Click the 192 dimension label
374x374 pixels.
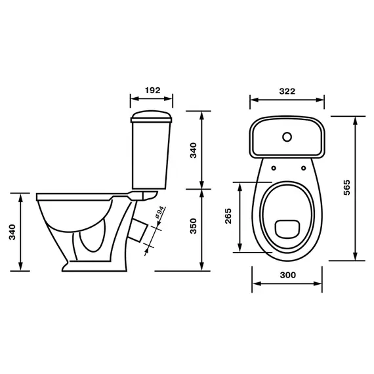click(153, 91)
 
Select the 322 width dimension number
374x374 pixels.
click(287, 91)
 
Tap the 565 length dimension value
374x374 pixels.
click(347, 188)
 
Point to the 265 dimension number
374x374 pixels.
click(228, 216)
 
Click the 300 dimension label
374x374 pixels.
click(288, 275)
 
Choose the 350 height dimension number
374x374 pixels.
click(194, 226)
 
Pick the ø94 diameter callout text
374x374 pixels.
click(159, 213)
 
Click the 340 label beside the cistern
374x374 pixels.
click(194, 150)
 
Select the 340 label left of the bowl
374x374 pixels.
click(12, 232)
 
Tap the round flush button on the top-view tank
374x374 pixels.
click(287, 137)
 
